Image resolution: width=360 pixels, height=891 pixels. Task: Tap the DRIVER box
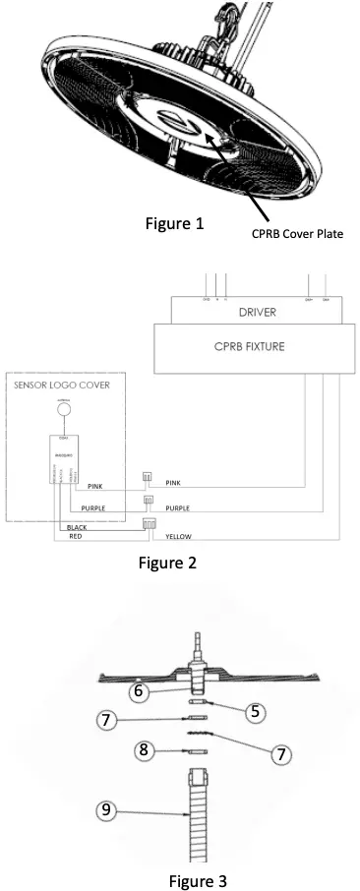pos(258,312)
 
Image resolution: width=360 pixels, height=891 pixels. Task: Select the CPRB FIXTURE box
pos(258,348)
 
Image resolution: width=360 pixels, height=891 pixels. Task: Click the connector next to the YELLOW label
pos(151,523)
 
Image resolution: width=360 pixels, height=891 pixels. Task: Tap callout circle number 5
pos(256,710)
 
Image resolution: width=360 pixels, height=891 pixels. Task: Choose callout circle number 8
pos(146,749)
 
